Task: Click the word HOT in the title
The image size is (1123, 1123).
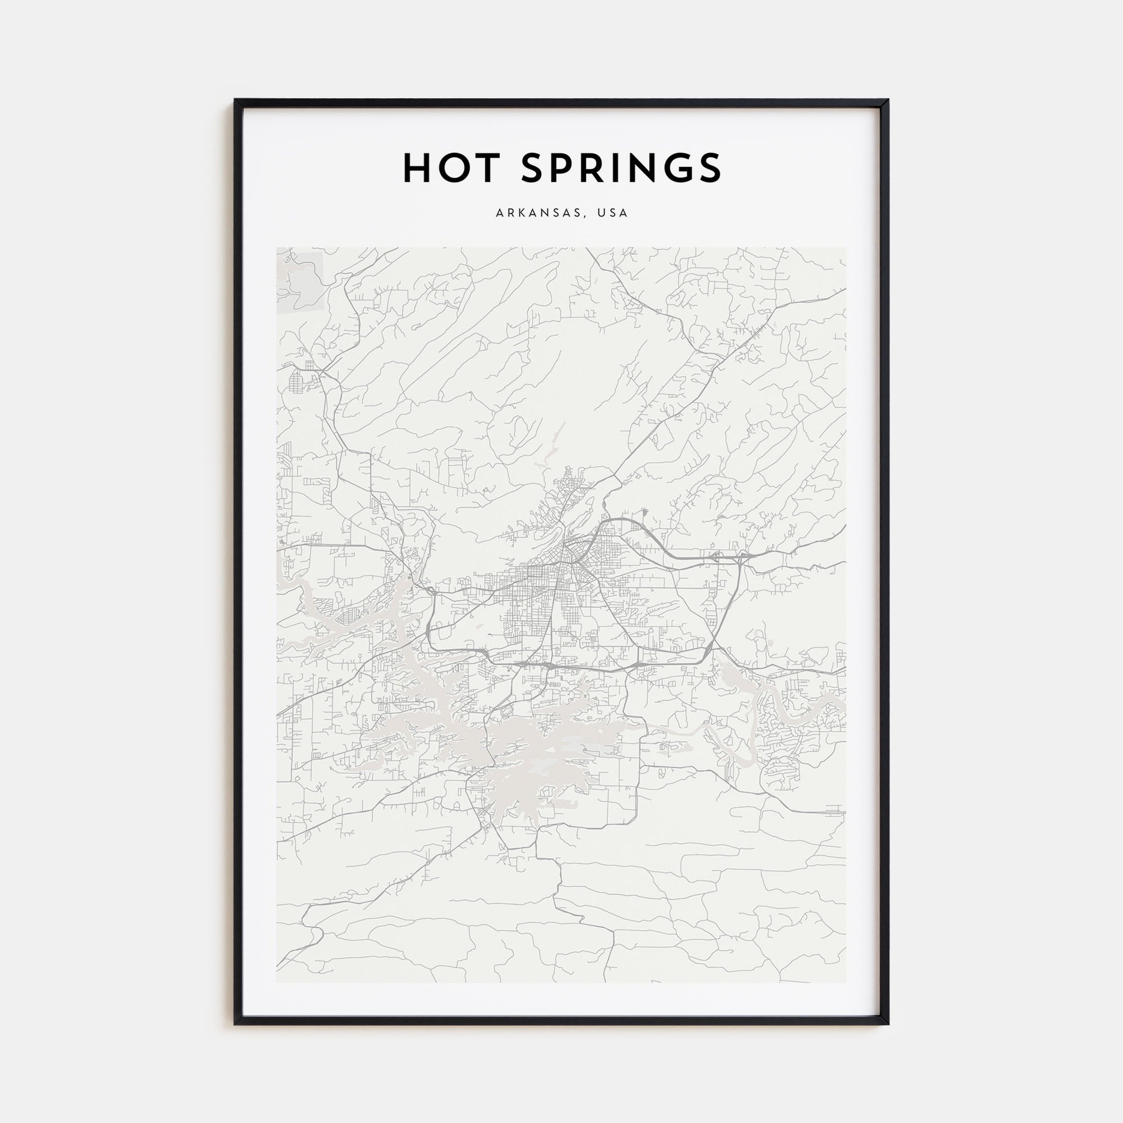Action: [451, 168]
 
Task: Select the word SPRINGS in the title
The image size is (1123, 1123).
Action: [622, 168]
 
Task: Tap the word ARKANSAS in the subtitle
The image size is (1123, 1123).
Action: [538, 213]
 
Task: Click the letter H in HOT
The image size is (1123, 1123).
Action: [416, 168]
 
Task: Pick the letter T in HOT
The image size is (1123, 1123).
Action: [487, 168]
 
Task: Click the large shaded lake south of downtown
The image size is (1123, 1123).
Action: [523, 750]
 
